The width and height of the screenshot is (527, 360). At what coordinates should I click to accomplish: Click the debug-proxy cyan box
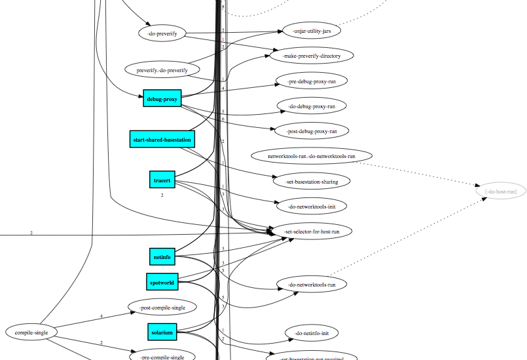click(x=162, y=99)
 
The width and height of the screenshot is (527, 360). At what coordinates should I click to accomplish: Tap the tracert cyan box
click(x=162, y=179)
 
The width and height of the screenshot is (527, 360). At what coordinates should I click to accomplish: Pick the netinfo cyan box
click(x=162, y=257)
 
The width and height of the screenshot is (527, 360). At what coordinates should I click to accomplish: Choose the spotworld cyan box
click(x=162, y=282)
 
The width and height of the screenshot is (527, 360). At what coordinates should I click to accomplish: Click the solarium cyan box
click(x=162, y=332)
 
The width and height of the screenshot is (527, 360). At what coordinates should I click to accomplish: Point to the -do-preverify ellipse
click(x=162, y=33)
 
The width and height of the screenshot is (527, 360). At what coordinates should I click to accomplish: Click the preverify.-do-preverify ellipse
click(x=162, y=70)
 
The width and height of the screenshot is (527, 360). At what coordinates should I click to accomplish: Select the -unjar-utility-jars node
click(x=312, y=31)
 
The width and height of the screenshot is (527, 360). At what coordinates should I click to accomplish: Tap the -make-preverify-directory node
click(x=312, y=56)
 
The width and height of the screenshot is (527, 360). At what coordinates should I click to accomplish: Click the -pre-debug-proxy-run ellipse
click(x=312, y=81)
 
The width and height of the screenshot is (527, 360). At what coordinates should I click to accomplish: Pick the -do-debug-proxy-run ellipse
click(x=312, y=106)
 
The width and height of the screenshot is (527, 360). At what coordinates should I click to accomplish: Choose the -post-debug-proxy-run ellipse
click(x=312, y=131)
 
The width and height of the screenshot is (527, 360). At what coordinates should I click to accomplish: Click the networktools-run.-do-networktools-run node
click(x=312, y=156)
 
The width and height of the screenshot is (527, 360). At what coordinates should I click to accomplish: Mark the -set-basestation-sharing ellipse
click(x=312, y=181)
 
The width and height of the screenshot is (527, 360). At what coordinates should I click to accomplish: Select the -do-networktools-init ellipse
click(x=312, y=206)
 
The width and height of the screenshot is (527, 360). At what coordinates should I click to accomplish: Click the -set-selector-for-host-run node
click(x=312, y=231)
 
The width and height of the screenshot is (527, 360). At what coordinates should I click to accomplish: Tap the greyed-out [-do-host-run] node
click(x=501, y=191)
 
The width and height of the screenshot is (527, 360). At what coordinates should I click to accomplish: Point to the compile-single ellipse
click(x=31, y=332)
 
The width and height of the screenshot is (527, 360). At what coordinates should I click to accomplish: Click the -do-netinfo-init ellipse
click(x=312, y=333)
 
